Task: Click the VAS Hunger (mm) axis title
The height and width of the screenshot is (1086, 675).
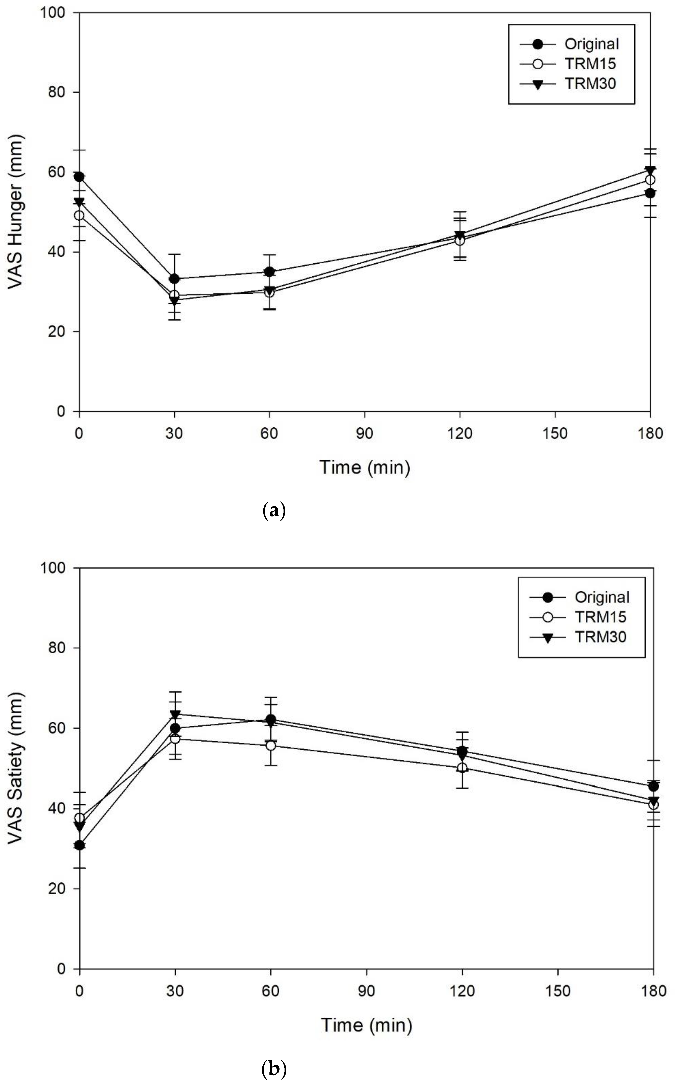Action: click(16, 212)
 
